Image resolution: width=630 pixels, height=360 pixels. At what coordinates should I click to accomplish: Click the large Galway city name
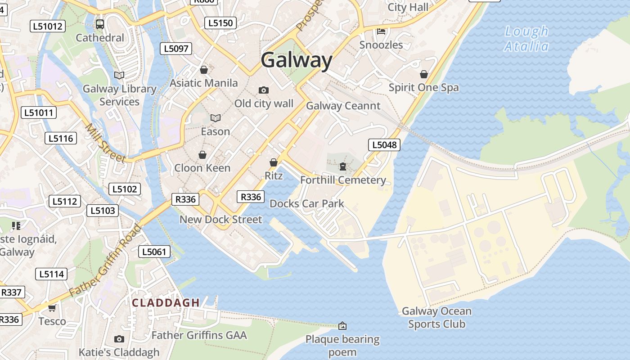tap(297, 60)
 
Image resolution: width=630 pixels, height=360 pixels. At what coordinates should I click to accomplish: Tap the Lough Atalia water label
tap(526, 39)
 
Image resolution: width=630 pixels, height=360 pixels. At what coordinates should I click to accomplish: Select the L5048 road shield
tap(384, 144)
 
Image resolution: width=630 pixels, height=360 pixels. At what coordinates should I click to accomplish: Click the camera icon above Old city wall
tap(264, 90)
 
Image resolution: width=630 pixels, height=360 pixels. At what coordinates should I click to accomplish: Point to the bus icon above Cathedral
tap(100, 24)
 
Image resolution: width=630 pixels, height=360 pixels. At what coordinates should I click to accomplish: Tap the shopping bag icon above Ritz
tap(273, 162)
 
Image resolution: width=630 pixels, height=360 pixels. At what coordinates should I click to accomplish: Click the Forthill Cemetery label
tap(343, 180)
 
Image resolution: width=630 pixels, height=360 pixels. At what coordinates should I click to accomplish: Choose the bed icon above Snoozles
tap(381, 31)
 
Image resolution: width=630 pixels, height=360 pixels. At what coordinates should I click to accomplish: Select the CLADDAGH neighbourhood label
tap(166, 303)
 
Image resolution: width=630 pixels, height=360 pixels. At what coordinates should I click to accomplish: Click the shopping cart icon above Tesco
tap(52, 308)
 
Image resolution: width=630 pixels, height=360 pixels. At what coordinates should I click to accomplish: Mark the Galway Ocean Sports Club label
tap(436, 317)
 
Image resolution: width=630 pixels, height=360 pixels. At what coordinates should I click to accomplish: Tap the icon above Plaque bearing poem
tap(342, 325)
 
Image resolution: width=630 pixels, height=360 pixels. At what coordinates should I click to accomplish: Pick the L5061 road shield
tap(154, 252)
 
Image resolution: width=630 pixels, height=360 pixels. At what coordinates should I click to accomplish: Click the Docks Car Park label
tap(307, 203)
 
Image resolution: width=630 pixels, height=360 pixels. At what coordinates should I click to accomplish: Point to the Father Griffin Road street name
tap(105, 261)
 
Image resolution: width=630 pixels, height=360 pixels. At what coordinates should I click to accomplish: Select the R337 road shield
tap(11, 292)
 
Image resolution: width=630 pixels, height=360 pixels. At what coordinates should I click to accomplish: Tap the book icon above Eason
tap(216, 118)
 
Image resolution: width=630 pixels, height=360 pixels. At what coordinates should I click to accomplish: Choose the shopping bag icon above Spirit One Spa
tap(423, 74)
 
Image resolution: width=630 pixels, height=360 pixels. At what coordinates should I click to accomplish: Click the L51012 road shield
tap(48, 26)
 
